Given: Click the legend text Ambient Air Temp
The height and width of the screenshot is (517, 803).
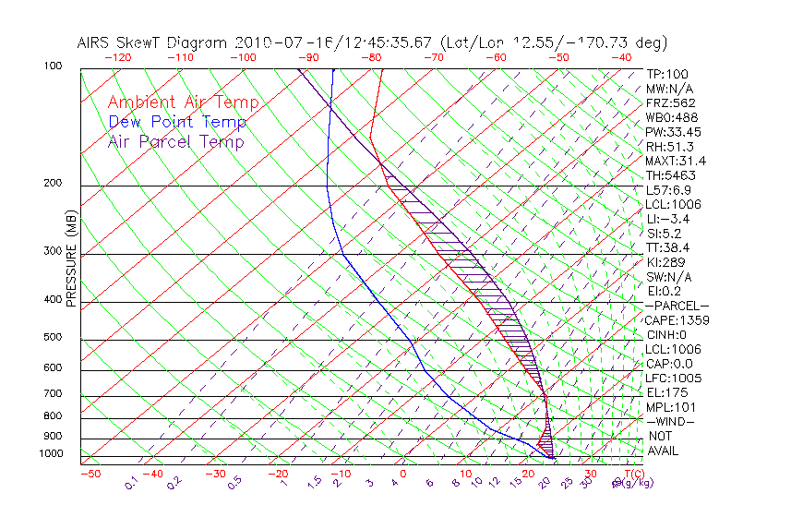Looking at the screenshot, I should click(x=183, y=102).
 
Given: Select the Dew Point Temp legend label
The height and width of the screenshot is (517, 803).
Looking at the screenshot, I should click(x=177, y=122).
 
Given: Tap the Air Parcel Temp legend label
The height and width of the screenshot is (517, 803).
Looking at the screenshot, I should click(x=175, y=141).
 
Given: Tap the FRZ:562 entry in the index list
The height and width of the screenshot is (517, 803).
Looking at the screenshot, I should click(x=670, y=102).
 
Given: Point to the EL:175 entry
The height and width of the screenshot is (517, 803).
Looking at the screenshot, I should click(x=664, y=392).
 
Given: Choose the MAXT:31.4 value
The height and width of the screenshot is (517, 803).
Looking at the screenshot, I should click(x=676, y=161).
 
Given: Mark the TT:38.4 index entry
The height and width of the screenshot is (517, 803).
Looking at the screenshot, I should click(x=666, y=247).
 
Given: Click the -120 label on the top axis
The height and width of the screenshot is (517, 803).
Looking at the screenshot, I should click(x=118, y=57).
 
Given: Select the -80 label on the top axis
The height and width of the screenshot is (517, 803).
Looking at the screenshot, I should click(x=371, y=57).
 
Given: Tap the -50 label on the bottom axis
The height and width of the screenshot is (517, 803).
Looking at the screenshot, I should click(x=90, y=474).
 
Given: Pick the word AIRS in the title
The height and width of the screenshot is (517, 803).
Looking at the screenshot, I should click(x=94, y=42).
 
